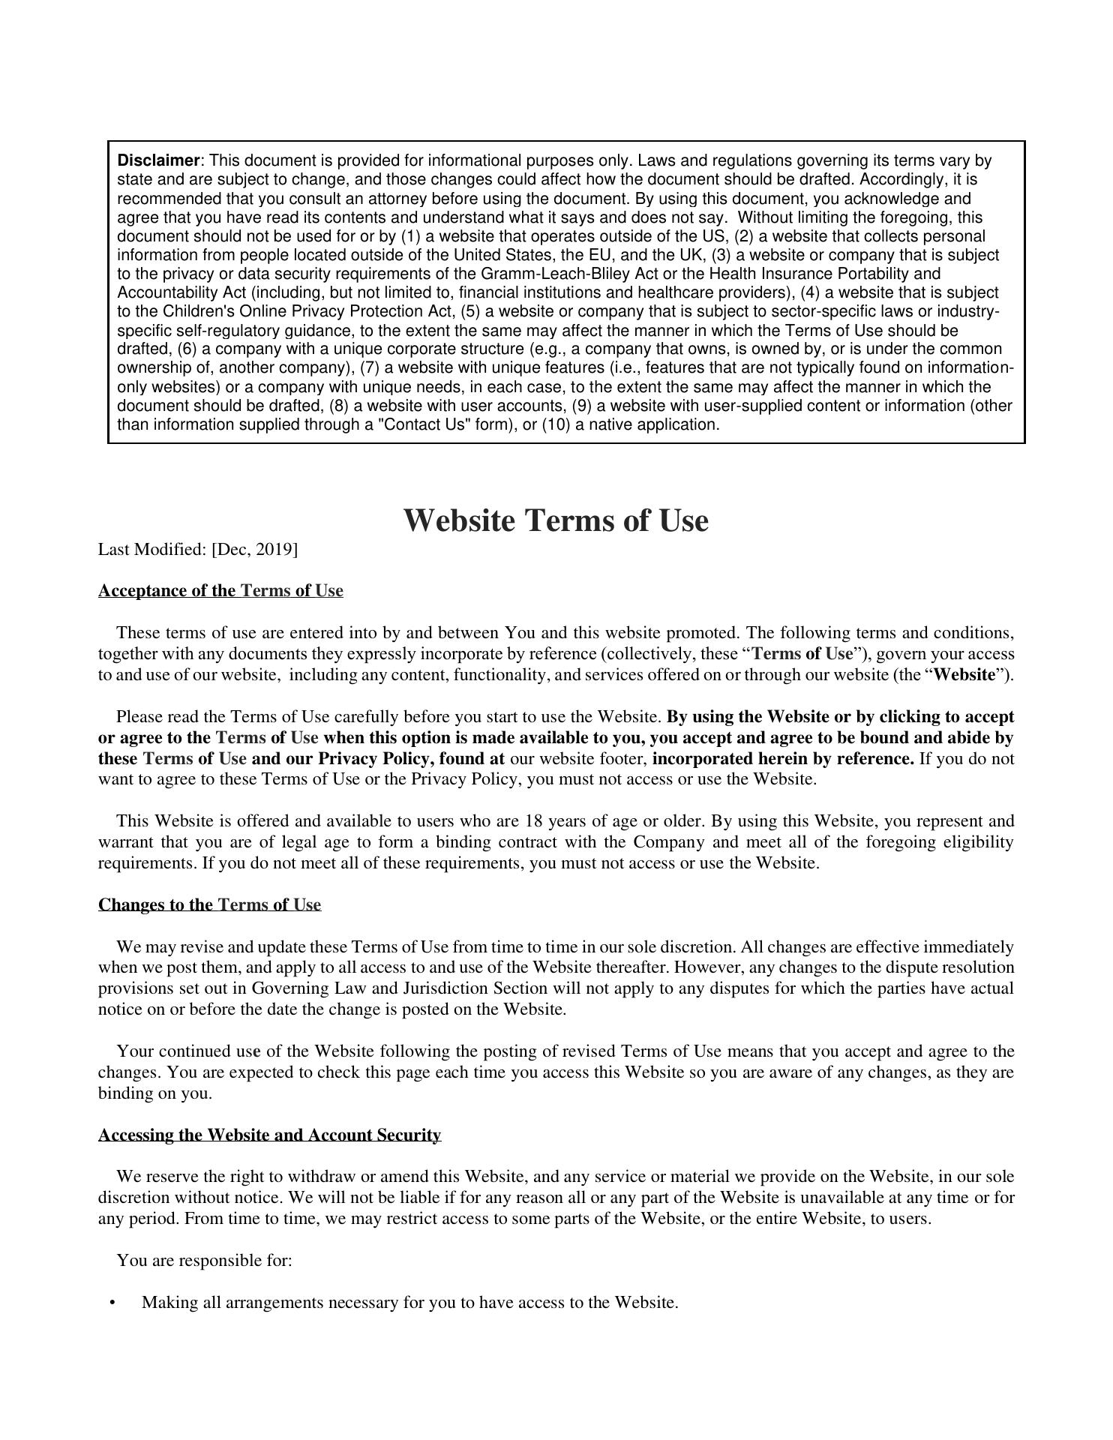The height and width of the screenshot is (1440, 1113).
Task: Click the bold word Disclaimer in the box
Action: pyautogui.click(x=158, y=160)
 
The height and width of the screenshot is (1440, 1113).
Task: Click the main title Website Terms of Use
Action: pyautogui.click(x=556, y=520)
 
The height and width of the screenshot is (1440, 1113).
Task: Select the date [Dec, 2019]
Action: pyautogui.click(x=255, y=550)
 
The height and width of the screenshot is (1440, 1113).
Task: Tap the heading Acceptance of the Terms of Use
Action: pyautogui.click(x=220, y=591)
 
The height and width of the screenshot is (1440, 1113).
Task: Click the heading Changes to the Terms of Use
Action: pyautogui.click(x=209, y=904)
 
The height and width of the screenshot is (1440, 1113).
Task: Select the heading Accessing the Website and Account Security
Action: pyautogui.click(x=269, y=1135)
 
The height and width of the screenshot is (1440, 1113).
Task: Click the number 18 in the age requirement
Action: pyautogui.click(x=533, y=820)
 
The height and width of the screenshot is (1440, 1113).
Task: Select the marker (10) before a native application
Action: pyautogui.click(x=557, y=424)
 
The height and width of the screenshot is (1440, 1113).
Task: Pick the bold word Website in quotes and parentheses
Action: pyautogui.click(x=964, y=674)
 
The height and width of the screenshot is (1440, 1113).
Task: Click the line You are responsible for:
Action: pyautogui.click(x=204, y=1261)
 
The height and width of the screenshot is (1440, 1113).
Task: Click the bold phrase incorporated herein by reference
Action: pyautogui.click(x=783, y=758)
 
